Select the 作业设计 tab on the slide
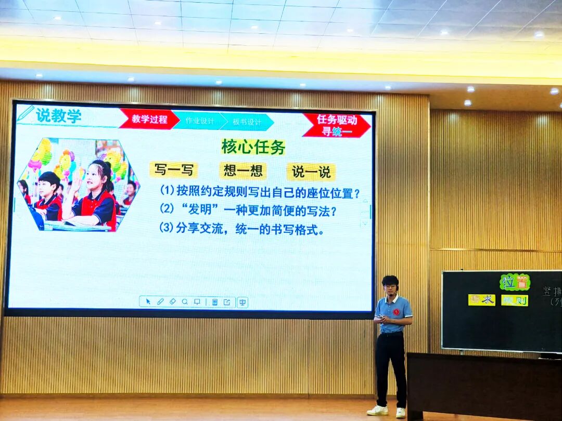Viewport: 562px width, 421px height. pyautogui.click(x=200, y=121)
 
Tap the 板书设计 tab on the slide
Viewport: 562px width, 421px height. pyautogui.click(x=247, y=122)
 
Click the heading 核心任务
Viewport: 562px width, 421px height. pyautogui.click(x=253, y=147)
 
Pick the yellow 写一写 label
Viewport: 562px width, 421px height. pyautogui.click(x=173, y=170)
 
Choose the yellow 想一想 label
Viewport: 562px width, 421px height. pyautogui.click(x=242, y=170)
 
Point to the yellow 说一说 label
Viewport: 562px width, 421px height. pyautogui.click(x=311, y=172)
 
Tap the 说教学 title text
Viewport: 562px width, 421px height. pyautogui.click(x=58, y=115)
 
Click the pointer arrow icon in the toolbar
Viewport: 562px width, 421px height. pyautogui.click(x=148, y=301)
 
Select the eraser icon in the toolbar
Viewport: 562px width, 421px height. pyautogui.click(x=173, y=301)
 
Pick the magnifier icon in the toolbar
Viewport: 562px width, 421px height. pyautogui.click(x=185, y=301)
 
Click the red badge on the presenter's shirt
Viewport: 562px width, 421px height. pyautogui.click(x=396, y=312)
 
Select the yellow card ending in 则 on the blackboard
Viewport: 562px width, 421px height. pyautogui.click(x=514, y=300)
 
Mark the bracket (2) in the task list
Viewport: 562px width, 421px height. pyautogui.click(x=167, y=209)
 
